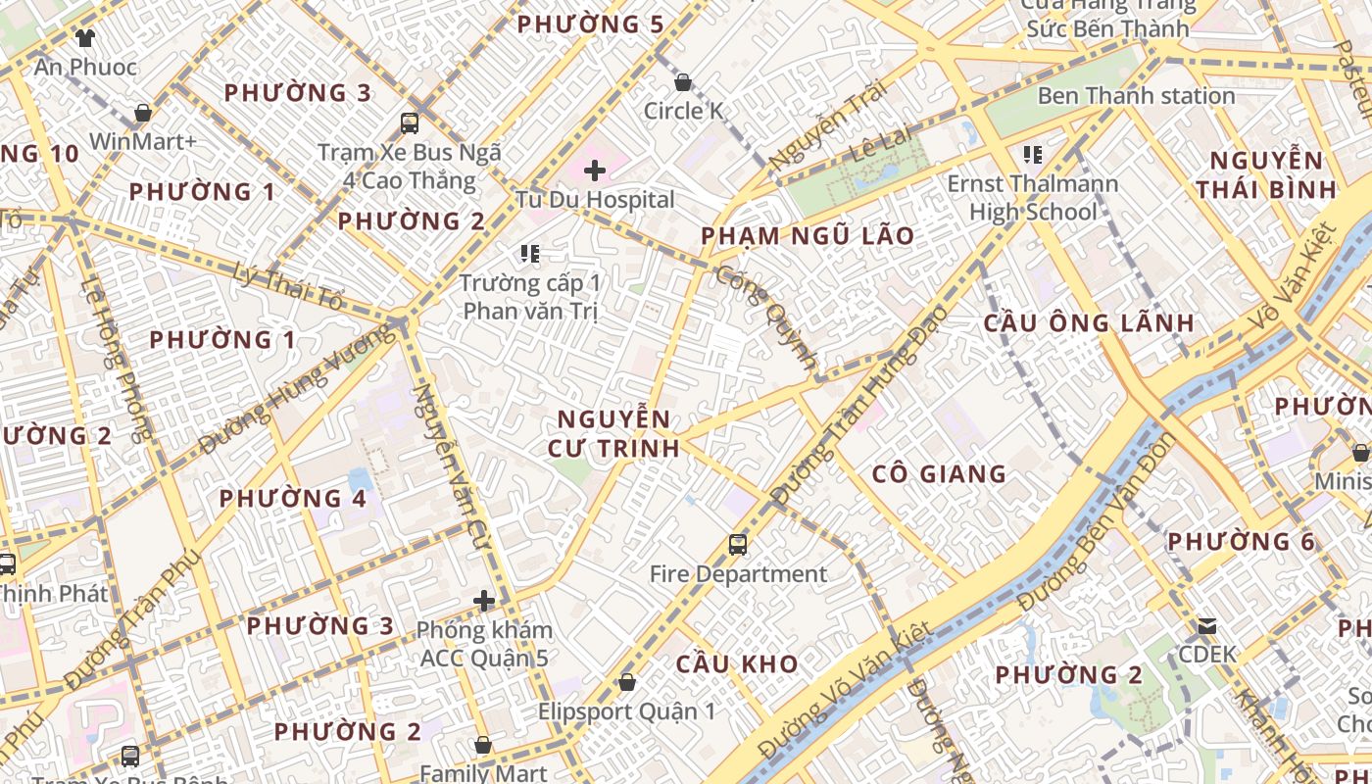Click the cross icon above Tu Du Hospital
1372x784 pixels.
[x=594, y=171]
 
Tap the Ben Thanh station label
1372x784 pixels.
[x=1136, y=96]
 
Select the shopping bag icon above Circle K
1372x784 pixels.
[x=683, y=82]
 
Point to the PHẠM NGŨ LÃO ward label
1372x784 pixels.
[x=808, y=236]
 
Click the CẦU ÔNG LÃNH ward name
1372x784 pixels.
[x=1089, y=323]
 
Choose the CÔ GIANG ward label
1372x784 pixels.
[x=939, y=474]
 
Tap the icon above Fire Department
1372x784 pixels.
[x=738, y=545]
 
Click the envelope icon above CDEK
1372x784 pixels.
[x=1207, y=626]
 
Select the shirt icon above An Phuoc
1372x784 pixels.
[x=84, y=38]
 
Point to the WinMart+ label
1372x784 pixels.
[x=143, y=141]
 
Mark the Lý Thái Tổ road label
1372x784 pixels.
[x=288, y=287]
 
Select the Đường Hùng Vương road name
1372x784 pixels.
[x=298, y=391]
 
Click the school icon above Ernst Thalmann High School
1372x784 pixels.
[x=1032, y=155]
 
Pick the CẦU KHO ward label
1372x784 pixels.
[x=737, y=664]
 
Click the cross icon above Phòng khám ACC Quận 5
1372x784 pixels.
[x=483, y=601]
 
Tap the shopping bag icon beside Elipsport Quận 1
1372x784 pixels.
[x=627, y=682]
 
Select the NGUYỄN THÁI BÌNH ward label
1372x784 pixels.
[x=1272, y=174]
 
